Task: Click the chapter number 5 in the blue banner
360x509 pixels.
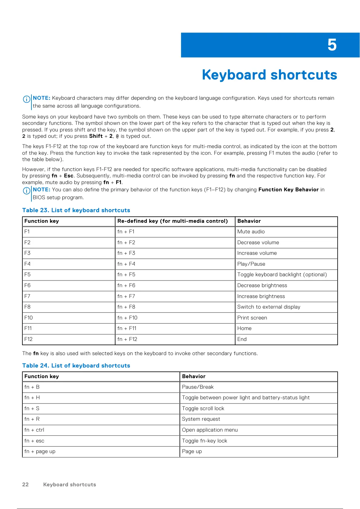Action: tap(332, 45)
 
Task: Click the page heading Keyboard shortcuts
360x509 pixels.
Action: tap(269, 75)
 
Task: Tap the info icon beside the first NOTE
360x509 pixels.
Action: tap(26, 99)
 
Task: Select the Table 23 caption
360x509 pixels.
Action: tap(76, 210)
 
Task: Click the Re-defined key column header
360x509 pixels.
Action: tap(172, 221)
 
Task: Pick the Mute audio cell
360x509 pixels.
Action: tap(251, 232)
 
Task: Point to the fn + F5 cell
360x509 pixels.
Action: tap(126, 274)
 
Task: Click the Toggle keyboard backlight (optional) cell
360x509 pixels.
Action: tap(282, 274)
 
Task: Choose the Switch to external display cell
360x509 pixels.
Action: tap(269, 307)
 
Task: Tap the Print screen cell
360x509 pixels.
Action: tap(252, 318)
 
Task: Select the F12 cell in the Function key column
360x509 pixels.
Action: tap(28, 339)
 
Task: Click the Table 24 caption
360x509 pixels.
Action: tap(76, 365)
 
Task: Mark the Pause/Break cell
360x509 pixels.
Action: tap(198, 387)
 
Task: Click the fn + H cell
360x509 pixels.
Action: tap(32, 397)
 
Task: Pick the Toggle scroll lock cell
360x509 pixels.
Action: tap(203, 408)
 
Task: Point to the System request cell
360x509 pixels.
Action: tap(201, 419)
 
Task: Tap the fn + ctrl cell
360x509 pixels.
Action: tap(34, 430)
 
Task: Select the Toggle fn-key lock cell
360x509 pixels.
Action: tap(204, 441)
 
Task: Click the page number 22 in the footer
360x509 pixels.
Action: tap(25, 485)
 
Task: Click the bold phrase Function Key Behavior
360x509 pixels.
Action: tap(288, 190)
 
